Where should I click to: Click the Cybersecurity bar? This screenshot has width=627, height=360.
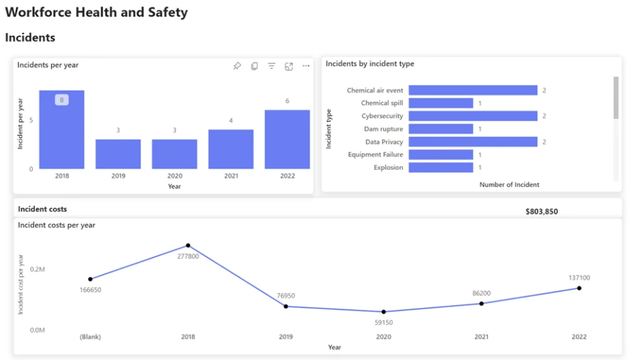point(472,116)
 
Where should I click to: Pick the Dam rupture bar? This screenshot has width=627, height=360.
point(440,129)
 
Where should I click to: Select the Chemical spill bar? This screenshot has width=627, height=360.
point(440,103)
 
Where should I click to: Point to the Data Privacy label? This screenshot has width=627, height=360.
point(384,142)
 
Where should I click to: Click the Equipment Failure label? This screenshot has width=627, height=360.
point(376,155)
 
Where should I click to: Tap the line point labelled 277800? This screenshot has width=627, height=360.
point(188,246)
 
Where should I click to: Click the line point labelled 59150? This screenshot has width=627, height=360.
point(383,312)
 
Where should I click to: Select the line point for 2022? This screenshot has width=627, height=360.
point(579,288)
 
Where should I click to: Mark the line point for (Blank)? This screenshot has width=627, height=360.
point(91,279)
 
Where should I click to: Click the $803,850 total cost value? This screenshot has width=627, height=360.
point(541,212)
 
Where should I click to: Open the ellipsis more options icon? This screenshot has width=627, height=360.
point(306,66)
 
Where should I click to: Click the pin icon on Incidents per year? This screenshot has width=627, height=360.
point(237,66)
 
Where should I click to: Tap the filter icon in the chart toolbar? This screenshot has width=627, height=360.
point(272,66)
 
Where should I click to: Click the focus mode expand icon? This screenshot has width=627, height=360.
point(288,66)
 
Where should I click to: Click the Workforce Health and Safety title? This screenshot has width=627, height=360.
point(96,13)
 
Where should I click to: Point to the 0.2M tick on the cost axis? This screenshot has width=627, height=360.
point(38,269)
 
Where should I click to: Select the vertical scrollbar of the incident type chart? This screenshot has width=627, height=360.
point(615,97)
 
